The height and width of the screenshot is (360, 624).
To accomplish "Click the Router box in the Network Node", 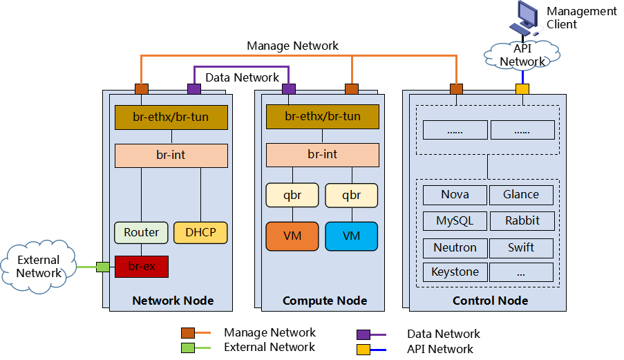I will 141,232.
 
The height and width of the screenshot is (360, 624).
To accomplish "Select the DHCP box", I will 200,232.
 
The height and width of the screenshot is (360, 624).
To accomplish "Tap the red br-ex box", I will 142,266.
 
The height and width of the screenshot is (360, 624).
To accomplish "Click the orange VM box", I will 292,236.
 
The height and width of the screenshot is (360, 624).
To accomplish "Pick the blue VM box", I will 352,236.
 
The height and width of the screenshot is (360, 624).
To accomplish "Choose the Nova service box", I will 455,195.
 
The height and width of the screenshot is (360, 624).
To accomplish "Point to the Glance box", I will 521,195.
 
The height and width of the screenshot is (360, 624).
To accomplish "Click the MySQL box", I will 455,221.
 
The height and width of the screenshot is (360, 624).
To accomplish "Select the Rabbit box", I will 521,221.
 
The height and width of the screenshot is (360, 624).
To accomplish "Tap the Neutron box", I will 455,247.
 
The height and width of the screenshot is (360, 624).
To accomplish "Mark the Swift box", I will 521,247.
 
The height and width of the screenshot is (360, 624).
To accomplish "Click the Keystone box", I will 455,272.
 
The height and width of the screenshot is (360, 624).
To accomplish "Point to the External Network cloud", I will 39,267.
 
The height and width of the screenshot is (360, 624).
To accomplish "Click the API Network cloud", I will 522,55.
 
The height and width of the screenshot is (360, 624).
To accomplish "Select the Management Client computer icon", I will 524,19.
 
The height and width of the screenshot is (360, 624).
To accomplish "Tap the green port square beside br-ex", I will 103,267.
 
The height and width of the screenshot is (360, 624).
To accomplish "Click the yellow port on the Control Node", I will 522,89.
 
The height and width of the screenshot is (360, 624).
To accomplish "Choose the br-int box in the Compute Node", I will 322,154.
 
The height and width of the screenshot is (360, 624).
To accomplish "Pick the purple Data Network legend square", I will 363,334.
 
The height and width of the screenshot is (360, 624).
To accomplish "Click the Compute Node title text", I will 325,301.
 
